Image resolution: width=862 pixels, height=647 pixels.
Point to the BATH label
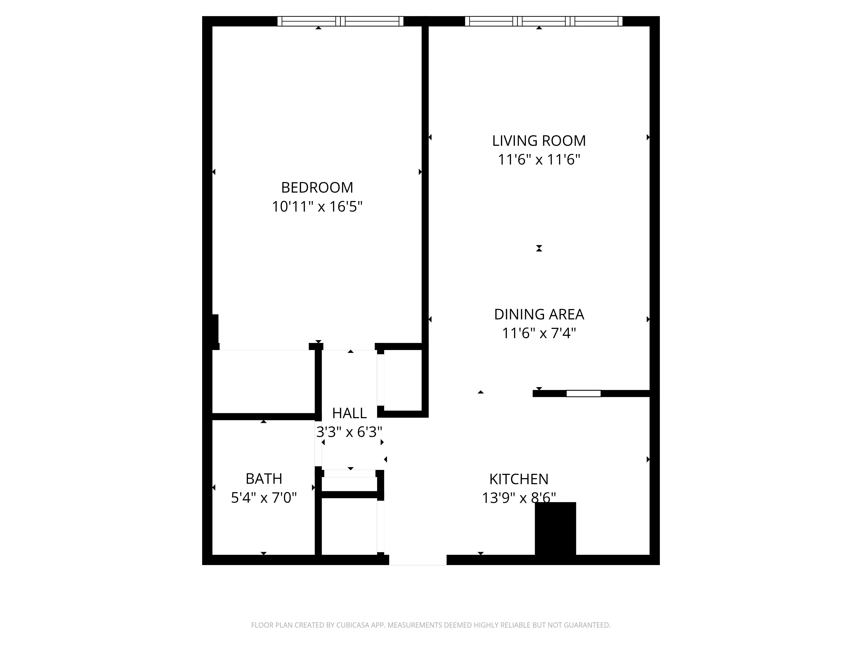(264, 479)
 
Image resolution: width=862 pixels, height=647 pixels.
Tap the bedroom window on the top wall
(340, 21)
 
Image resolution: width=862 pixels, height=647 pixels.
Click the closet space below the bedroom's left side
(263, 382)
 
